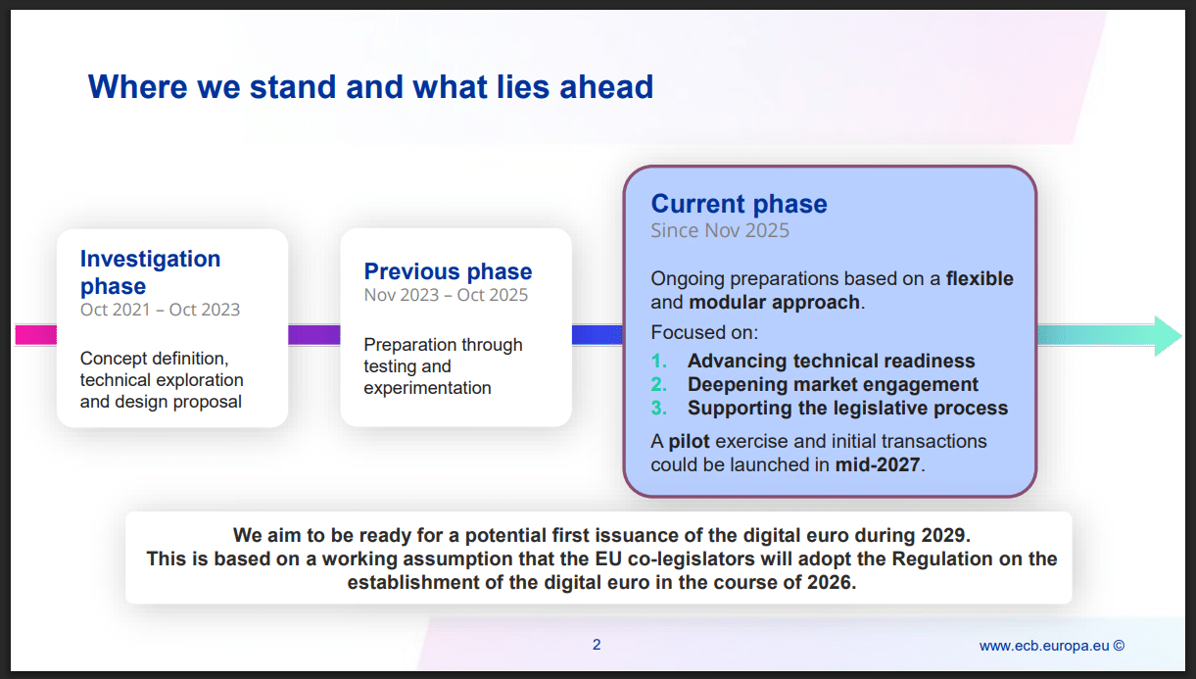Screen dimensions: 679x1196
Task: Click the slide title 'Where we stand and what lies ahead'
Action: click(370, 87)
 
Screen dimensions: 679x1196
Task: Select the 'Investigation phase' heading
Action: click(150, 272)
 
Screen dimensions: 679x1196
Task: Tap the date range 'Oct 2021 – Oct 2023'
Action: click(160, 310)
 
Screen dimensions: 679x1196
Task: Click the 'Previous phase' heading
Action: click(448, 271)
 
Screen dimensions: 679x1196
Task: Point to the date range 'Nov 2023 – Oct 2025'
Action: click(446, 295)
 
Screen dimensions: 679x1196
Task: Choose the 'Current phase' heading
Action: click(739, 204)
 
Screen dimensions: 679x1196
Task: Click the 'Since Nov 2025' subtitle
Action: click(720, 231)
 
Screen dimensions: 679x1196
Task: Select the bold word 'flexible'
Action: click(980, 278)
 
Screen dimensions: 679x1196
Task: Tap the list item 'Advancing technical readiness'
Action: click(831, 361)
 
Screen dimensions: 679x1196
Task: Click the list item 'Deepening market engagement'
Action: click(833, 384)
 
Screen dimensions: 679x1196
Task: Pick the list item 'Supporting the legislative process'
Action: click(847, 408)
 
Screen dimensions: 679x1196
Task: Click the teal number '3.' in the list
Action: click(659, 408)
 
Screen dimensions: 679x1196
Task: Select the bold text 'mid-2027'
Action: click(877, 464)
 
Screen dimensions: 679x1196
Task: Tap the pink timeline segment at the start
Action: click(35, 335)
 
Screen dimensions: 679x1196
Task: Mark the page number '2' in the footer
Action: click(597, 645)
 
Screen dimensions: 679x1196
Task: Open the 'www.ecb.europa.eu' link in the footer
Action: click(1043, 646)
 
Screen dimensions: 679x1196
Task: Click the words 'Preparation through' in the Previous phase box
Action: click(443, 345)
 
